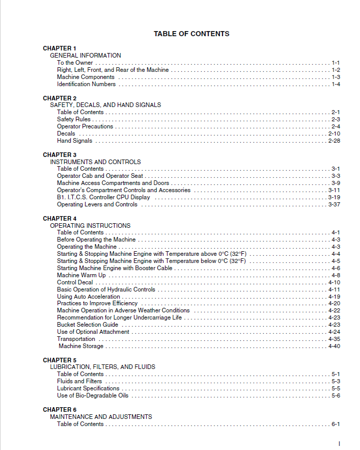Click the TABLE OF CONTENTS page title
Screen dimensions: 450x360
click(191, 34)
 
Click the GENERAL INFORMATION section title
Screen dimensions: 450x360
click(86, 56)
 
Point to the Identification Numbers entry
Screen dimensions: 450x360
click(86, 84)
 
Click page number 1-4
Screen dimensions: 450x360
click(336, 84)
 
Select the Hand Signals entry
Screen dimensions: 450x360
click(75, 141)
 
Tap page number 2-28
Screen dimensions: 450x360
click(334, 141)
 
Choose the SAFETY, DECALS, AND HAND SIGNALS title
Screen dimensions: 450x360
click(105, 105)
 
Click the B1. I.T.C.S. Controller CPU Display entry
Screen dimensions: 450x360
click(103, 197)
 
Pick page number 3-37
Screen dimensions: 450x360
click(334, 204)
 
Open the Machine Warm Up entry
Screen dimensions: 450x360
click(81, 275)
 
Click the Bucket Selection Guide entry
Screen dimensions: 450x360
click(88, 325)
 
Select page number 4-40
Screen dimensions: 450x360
click(334, 346)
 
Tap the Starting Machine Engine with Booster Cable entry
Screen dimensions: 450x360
click(115, 268)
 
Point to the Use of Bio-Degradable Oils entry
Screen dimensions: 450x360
click(93, 395)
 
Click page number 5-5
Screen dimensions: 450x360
click(336, 388)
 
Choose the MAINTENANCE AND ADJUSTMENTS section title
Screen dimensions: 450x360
click(101, 417)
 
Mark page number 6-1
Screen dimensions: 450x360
click(336, 424)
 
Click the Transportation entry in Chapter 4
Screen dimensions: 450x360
click(76, 339)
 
